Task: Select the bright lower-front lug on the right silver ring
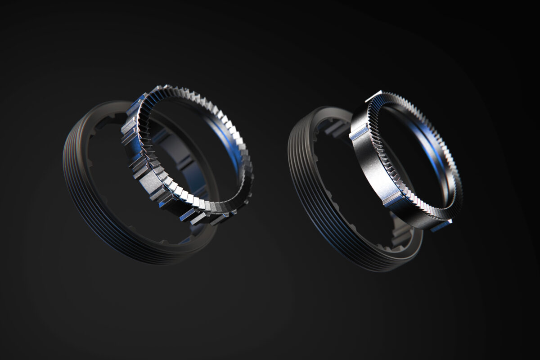tap(393, 198)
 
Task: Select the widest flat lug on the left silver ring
tap(151, 180)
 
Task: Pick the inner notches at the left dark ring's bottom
tap(180, 238)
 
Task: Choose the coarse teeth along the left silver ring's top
tap(189, 97)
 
